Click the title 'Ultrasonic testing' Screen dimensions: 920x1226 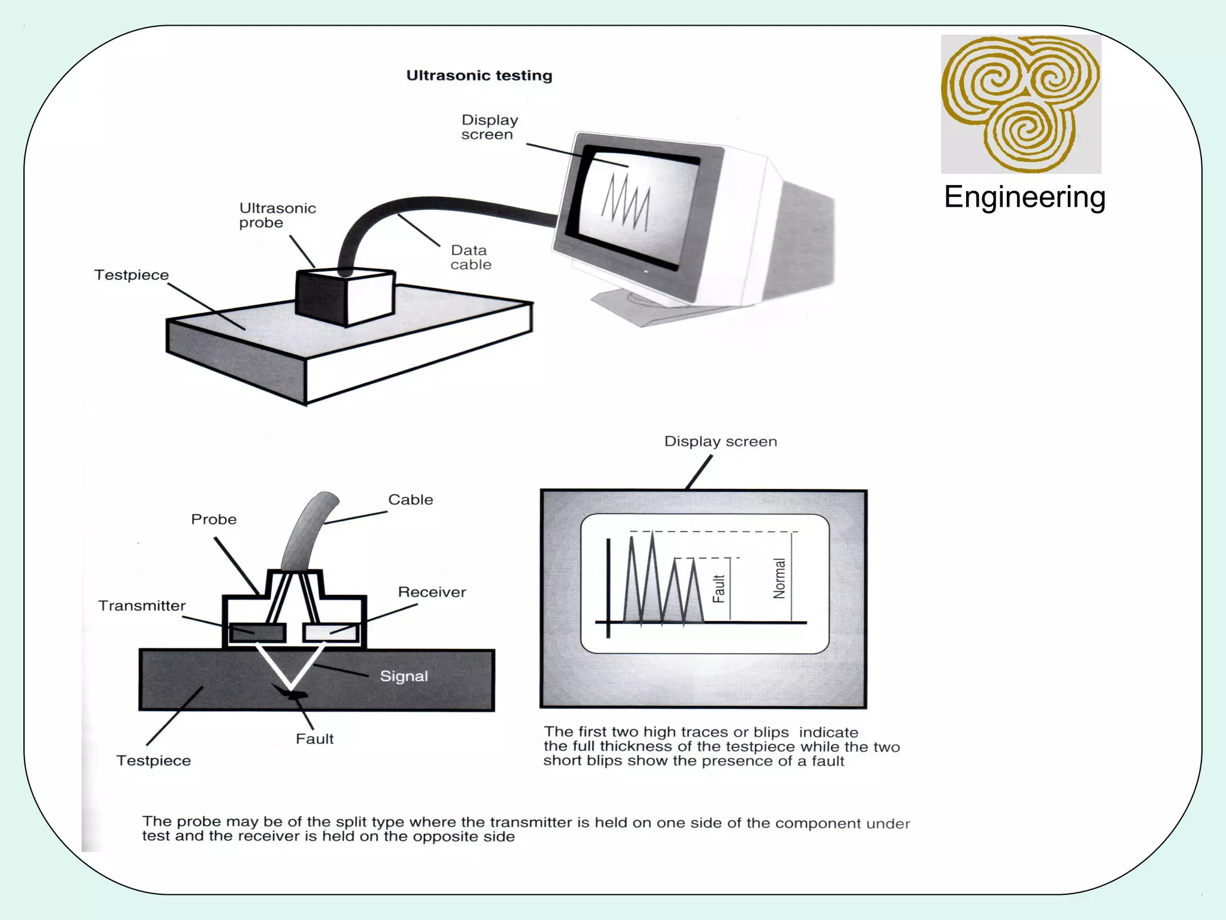click(479, 75)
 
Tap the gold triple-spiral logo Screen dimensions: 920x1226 click(1021, 103)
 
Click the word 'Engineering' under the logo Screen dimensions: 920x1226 click(1024, 197)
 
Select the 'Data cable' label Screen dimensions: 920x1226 click(471, 258)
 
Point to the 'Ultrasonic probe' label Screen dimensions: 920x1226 click(277, 216)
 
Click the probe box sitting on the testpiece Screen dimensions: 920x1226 click(345, 297)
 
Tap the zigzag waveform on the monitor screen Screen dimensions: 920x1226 click(626, 201)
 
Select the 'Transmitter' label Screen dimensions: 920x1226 click(142, 606)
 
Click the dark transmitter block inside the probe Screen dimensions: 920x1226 click(257, 632)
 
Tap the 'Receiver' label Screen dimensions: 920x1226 click(432, 592)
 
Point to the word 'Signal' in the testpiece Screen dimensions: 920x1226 click(404, 676)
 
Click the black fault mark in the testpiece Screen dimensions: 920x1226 click(296, 695)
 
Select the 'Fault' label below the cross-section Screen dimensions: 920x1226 click(314, 739)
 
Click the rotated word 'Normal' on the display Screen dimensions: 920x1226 click(779, 578)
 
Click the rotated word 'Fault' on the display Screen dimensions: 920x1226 click(719, 589)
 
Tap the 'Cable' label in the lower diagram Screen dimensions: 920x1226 click(410, 500)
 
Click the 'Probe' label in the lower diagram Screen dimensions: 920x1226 click(214, 519)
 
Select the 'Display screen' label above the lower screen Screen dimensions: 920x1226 click(720, 441)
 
